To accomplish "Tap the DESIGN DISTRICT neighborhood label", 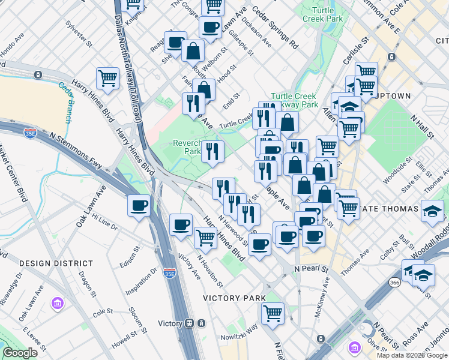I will pos(56,263).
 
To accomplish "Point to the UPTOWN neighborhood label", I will pos(393,96).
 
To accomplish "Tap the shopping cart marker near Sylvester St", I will pos(107,78).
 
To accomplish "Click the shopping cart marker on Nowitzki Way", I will pos(273,313).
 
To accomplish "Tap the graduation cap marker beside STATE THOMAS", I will pos(432,211).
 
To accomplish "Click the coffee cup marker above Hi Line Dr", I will pos(139,205).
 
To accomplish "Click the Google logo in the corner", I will pos(20,353).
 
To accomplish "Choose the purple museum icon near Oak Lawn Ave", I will pos(57,304).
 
